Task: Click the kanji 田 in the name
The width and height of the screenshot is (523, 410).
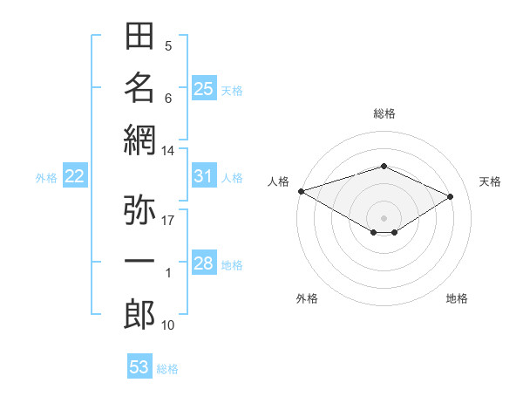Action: (x=139, y=36)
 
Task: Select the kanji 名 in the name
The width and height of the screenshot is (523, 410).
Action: (x=139, y=87)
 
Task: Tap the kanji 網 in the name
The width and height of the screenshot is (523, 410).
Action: (x=139, y=140)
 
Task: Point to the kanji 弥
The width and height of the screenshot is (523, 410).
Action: (x=139, y=209)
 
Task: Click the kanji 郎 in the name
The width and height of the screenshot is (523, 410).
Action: (x=139, y=315)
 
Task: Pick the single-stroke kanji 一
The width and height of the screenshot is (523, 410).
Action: (x=139, y=261)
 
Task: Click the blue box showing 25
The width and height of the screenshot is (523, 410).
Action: (x=205, y=88)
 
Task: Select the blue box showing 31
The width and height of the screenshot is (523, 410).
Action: (x=205, y=175)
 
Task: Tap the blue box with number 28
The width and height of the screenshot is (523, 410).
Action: (x=205, y=262)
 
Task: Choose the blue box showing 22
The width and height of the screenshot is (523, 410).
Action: (x=75, y=175)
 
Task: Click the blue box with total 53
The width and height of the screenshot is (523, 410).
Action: (x=139, y=366)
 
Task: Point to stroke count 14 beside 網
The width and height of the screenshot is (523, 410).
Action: (x=167, y=151)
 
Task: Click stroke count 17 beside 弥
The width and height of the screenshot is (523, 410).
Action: (x=167, y=221)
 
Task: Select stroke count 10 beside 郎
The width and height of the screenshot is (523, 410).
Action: (x=167, y=325)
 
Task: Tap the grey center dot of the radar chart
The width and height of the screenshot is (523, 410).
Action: (x=384, y=218)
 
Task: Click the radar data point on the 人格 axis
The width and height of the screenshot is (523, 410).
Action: (x=302, y=191)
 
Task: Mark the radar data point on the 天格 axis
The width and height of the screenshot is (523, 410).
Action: (x=451, y=196)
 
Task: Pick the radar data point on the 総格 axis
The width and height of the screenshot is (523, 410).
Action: (x=384, y=166)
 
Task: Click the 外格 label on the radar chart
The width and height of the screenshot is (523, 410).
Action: (x=307, y=298)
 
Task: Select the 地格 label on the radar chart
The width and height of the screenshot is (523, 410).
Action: (x=457, y=298)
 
